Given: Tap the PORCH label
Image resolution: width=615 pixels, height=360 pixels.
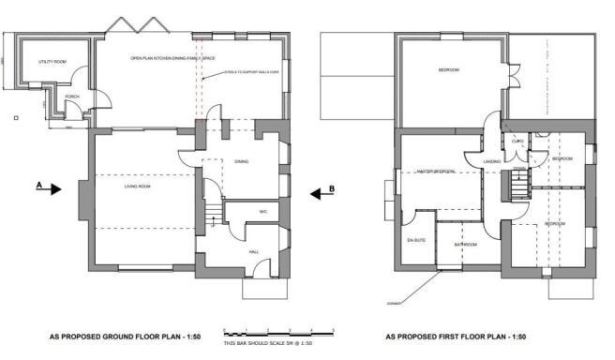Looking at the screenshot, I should (72, 96).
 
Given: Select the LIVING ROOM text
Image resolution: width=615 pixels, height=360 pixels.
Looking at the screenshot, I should (139, 187).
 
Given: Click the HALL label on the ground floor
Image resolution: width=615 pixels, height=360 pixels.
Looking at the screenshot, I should (253, 252).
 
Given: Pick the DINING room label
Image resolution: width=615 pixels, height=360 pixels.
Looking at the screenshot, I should (241, 160).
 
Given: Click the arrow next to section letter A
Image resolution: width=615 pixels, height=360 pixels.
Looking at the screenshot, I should (54, 187).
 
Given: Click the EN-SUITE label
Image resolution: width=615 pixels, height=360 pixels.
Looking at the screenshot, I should (417, 243).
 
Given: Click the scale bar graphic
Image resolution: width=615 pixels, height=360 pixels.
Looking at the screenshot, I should (278, 332).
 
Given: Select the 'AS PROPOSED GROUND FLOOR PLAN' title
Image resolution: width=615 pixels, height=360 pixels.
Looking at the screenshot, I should (126, 337).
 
